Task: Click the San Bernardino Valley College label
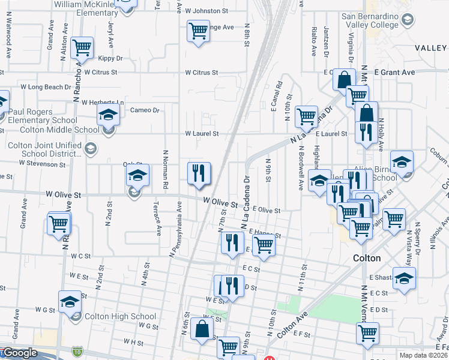click(370, 21)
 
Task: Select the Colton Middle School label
click(59, 130)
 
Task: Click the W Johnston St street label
click(206, 11)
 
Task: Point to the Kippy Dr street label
click(110, 59)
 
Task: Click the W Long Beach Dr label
click(46, 87)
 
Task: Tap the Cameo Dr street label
click(145, 110)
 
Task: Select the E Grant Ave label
click(394, 72)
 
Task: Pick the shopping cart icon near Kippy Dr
click(81, 47)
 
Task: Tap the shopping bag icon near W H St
click(203, 329)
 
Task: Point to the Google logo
click(20, 353)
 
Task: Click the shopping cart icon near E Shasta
click(394, 219)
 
